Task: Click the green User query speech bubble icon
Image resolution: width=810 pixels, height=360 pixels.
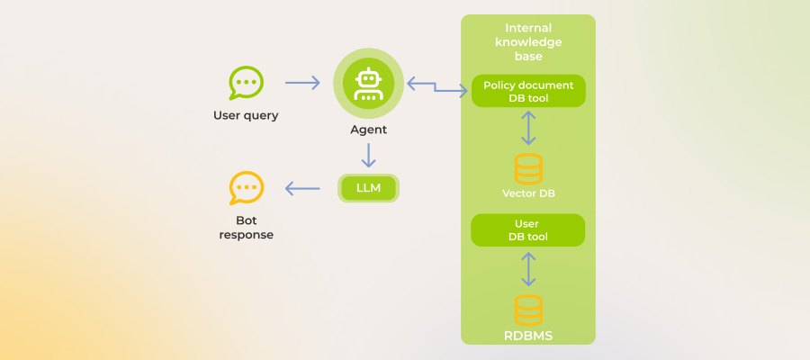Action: [246, 83]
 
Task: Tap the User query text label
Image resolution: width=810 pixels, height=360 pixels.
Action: [246, 115]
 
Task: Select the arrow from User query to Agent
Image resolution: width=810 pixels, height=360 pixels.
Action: [302, 83]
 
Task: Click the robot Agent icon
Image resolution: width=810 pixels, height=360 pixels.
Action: [368, 83]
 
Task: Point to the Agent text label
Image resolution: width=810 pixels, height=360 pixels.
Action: [368, 130]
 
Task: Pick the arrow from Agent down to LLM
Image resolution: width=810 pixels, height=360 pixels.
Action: [368, 155]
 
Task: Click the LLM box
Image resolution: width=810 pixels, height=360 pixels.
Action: [368, 188]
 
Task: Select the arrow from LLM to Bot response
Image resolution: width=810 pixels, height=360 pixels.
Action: [302, 188]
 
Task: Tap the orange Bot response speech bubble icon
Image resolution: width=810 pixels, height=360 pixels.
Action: [246, 188]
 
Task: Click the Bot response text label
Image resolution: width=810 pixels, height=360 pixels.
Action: [246, 228]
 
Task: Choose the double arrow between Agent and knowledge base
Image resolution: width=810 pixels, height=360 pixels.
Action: [437, 86]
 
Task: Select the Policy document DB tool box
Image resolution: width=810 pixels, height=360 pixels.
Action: [528, 91]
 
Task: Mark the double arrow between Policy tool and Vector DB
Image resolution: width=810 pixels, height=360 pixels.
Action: [528, 128]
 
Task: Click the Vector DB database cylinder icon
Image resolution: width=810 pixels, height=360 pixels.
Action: [528, 168]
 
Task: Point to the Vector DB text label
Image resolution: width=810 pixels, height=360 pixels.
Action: [528, 193]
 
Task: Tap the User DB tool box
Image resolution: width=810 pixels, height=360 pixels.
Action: [528, 230]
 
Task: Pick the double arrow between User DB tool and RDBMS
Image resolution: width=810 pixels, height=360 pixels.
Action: [528, 268]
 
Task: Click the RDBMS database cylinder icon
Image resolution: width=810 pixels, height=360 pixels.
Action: [528, 309]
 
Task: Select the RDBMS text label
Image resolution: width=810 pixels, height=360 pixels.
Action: [528, 336]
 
